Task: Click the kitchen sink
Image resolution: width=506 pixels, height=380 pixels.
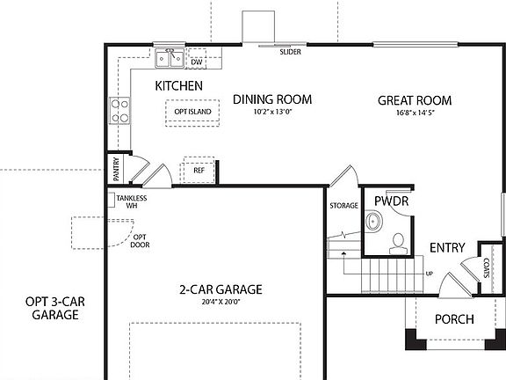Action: click(170, 60)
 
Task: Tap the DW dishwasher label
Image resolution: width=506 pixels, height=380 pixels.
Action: click(197, 62)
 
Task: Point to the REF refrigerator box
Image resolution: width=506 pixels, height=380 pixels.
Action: click(198, 170)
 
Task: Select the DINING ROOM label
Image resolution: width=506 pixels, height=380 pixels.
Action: click(272, 99)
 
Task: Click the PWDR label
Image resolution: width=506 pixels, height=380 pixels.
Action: click(391, 201)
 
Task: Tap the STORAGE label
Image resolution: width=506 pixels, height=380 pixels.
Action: click(343, 206)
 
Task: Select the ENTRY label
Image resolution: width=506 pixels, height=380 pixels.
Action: click(446, 248)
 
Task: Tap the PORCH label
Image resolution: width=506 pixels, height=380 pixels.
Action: click(454, 319)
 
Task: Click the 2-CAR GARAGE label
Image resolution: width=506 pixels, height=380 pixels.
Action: click(220, 289)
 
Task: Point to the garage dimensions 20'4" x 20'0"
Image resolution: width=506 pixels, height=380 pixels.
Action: click(220, 302)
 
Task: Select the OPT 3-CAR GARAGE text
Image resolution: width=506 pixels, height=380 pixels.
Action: click(50, 308)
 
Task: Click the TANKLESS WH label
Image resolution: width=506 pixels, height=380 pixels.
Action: click(131, 201)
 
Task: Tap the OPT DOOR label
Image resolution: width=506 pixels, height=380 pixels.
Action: click(140, 241)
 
